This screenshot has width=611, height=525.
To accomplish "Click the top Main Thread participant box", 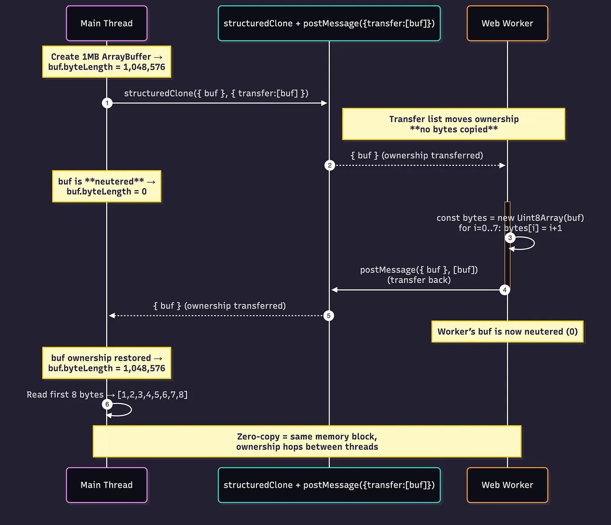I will [107, 23].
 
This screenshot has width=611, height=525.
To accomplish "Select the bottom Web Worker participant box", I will [507, 485].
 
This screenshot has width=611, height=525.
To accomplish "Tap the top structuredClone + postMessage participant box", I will [329, 23].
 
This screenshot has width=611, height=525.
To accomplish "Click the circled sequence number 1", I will [107, 103].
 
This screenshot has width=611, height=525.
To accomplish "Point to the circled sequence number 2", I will [330, 165].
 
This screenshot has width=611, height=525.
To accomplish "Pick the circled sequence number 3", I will [510, 238].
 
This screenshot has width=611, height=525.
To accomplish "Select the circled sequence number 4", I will [505, 290].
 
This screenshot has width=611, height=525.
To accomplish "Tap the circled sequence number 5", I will [329, 316].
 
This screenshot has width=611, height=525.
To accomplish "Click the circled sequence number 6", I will [107, 404].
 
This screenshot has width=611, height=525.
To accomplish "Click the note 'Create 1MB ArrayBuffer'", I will [107, 62].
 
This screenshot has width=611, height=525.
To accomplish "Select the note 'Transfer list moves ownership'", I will [454, 124].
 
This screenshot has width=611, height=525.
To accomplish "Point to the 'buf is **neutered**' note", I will [107, 186].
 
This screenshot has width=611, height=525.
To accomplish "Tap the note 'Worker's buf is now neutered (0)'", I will [507, 332].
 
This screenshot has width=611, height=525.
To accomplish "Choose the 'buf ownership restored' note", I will [107, 363].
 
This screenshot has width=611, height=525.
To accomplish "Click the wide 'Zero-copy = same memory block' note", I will [307, 441].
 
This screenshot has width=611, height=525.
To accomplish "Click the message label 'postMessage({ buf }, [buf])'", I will [419, 270].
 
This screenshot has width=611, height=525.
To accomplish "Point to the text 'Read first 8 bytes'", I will [65, 394].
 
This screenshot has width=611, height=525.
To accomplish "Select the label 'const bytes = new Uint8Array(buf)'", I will [510, 218].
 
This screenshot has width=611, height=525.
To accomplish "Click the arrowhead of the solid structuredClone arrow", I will [324, 103].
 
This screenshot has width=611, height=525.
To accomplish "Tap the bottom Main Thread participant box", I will [107, 485].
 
